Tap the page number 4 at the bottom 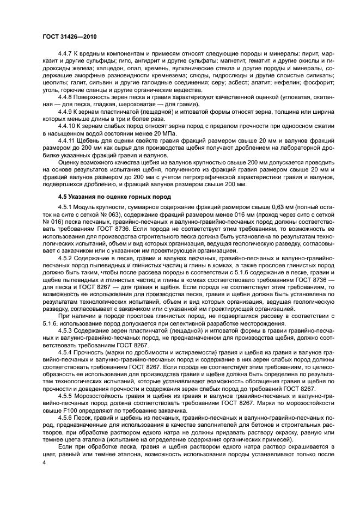[x=45, y=462]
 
